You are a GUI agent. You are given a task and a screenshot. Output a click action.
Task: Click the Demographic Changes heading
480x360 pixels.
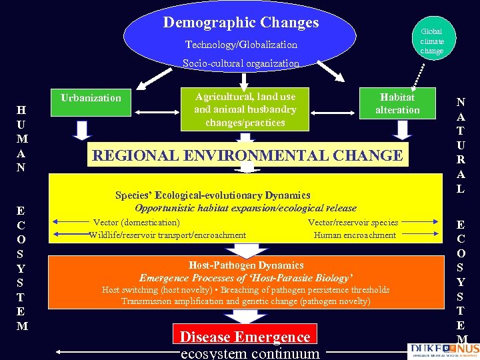tap(241, 23)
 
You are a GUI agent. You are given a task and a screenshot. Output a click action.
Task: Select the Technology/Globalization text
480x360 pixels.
tap(241, 45)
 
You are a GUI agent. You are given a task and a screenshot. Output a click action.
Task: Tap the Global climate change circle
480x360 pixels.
tap(431, 41)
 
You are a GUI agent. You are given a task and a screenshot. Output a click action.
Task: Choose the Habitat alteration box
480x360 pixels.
tap(397, 104)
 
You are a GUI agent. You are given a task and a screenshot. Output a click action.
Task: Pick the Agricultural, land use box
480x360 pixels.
tap(245, 109)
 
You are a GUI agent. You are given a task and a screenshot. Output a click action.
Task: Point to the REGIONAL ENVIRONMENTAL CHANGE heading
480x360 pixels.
tap(247, 156)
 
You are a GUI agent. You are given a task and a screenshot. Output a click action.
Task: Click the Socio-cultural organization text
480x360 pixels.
tap(241, 63)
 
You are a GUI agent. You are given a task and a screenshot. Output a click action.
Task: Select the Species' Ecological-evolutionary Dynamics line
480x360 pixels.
tap(213, 195)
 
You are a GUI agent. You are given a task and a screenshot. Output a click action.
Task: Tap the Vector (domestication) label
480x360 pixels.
tap(136, 223)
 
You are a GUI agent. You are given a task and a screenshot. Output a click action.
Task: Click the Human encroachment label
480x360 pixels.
tap(355, 235)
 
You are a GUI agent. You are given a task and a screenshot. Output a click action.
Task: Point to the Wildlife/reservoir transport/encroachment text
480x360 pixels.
tap(167, 235)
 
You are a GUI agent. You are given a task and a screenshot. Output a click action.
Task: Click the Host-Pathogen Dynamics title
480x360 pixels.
tap(246, 265)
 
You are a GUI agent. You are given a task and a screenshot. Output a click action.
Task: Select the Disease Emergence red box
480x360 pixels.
tap(245, 337)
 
